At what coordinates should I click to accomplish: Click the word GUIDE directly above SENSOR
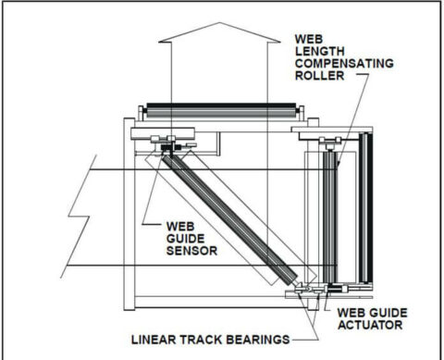[190, 238]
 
